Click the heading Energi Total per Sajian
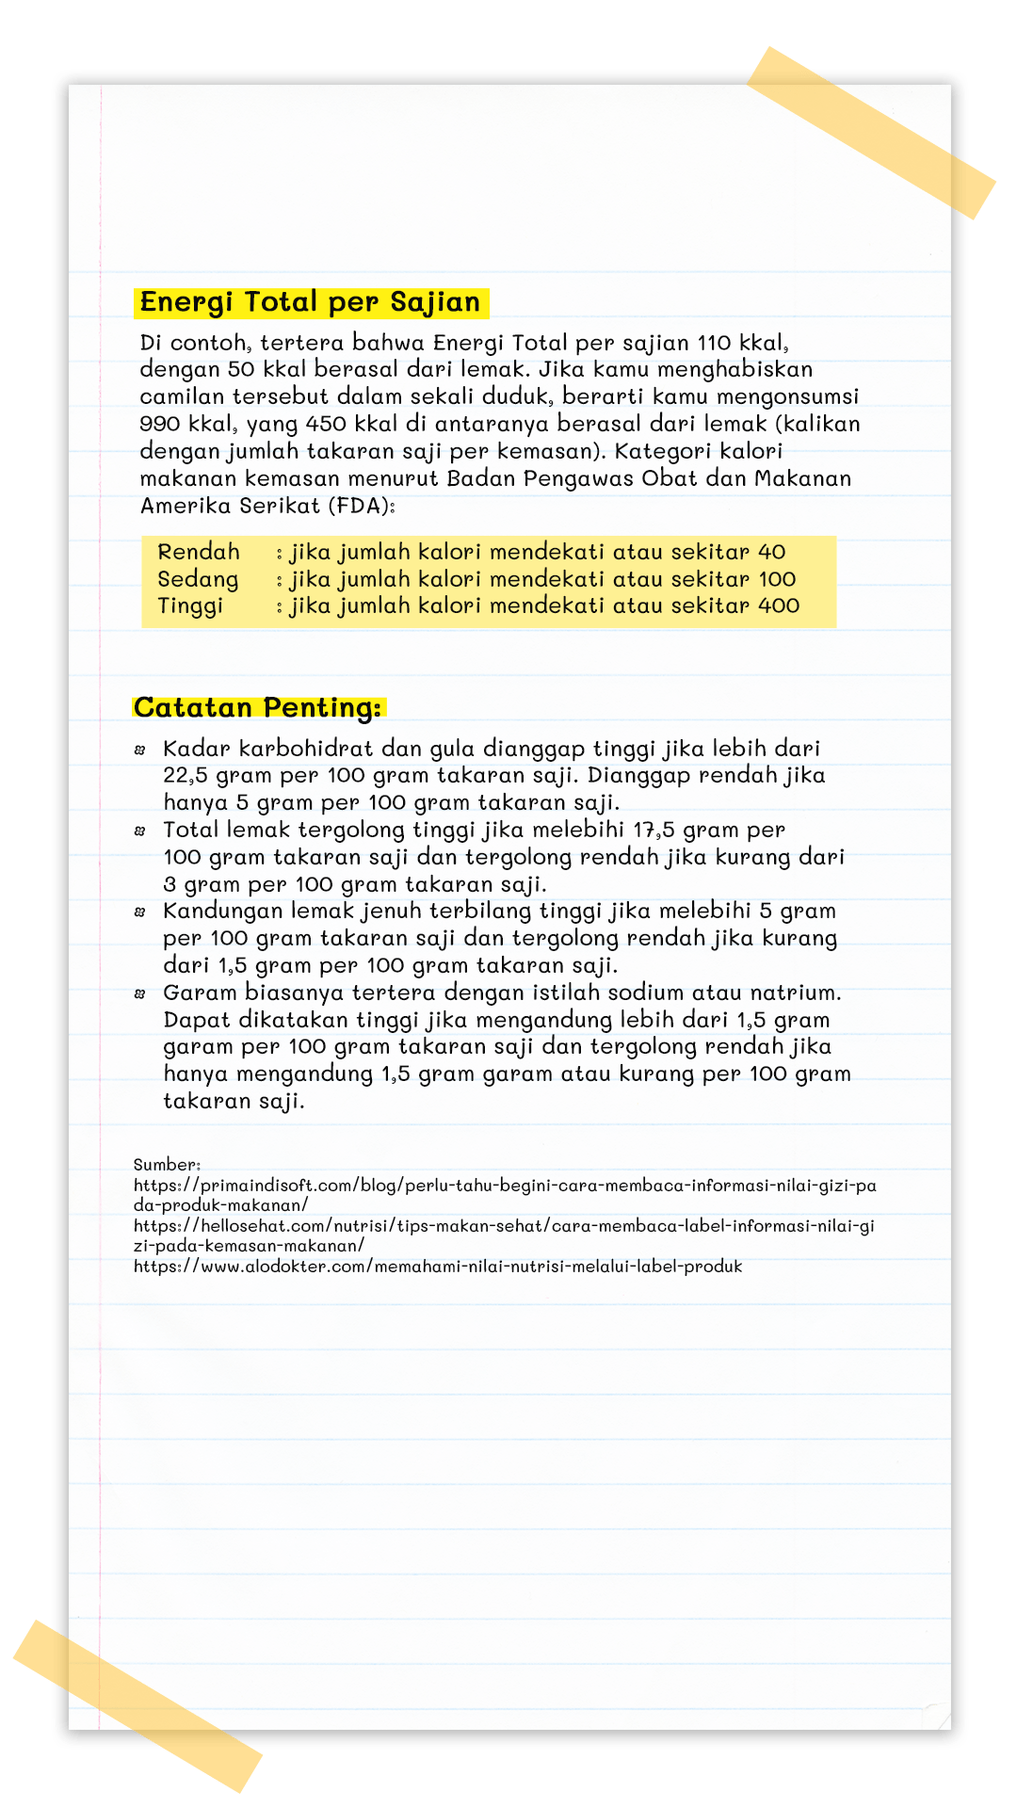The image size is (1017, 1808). tap(310, 302)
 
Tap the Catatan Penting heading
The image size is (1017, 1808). tap(258, 707)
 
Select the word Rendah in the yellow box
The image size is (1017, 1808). tap(199, 552)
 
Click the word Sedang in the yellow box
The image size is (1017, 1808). tap(198, 579)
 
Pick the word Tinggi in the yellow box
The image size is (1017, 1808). tap(190, 605)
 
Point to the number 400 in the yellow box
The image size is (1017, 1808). tap(779, 605)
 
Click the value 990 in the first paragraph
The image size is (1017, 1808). tap(159, 424)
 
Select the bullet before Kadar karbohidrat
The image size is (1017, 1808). tap(140, 750)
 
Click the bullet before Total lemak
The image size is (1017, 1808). tap(140, 831)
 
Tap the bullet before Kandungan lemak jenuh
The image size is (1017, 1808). tap(140, 912)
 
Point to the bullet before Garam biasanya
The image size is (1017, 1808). tap(140, 993)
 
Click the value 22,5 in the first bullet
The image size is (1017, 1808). tap(186, 776)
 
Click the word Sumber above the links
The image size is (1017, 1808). tap(167, 1165)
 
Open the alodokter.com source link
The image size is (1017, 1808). tap(438, 1267)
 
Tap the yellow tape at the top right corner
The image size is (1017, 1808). tap(871, 132)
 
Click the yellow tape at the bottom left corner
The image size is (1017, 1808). tap(137, 1705)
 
